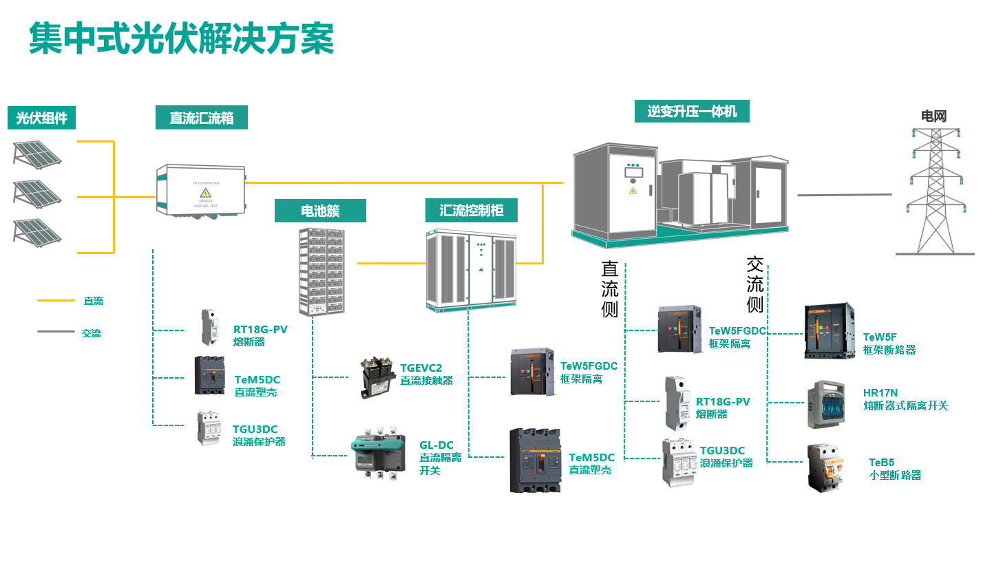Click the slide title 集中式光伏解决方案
click(x=181, y=39)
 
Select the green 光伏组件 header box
click(x=41, y=118)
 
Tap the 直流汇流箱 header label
click(x=201, y=118)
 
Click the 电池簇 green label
click(x=320, y=211)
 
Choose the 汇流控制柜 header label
click(x=471, y=210)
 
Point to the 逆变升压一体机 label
click(x=691, y=111)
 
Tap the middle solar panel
click(x=37, y=194)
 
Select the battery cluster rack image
click(x=321, y=272)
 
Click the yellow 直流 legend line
click(x=56, y=301)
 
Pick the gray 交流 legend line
click(x=56, y=332)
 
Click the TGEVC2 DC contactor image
click(x=378, y=377)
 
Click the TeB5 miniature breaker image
click(x=825, y=467)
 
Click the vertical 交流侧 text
click(x=754, y=284)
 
